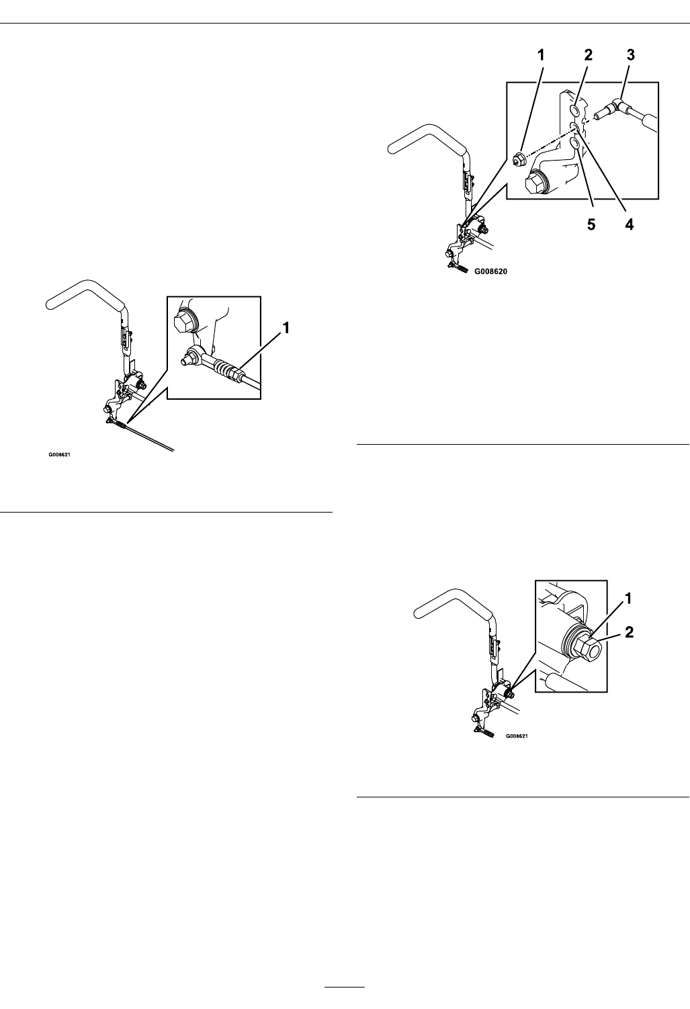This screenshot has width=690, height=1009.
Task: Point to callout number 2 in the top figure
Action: tap(588, 56)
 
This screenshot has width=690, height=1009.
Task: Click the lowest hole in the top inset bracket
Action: tap(575, 143)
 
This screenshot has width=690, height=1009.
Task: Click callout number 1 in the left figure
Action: tap(287, 328)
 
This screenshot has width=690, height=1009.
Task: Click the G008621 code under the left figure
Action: tap(59, 455)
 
